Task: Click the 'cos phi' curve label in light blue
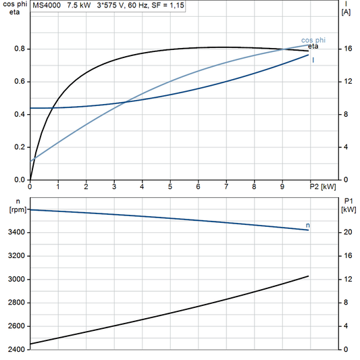[312, 40]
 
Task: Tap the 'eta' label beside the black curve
[313, 47]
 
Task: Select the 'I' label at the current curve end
[313, 60]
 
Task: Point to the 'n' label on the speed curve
[308, 225]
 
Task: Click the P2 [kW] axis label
[323, 186]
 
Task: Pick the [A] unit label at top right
[346, 12]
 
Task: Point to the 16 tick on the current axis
[347, 49]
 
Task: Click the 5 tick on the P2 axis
[170, 186]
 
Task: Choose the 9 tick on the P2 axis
[282, 186]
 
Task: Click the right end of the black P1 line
[308, 276]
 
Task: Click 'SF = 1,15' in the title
[166, 5]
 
